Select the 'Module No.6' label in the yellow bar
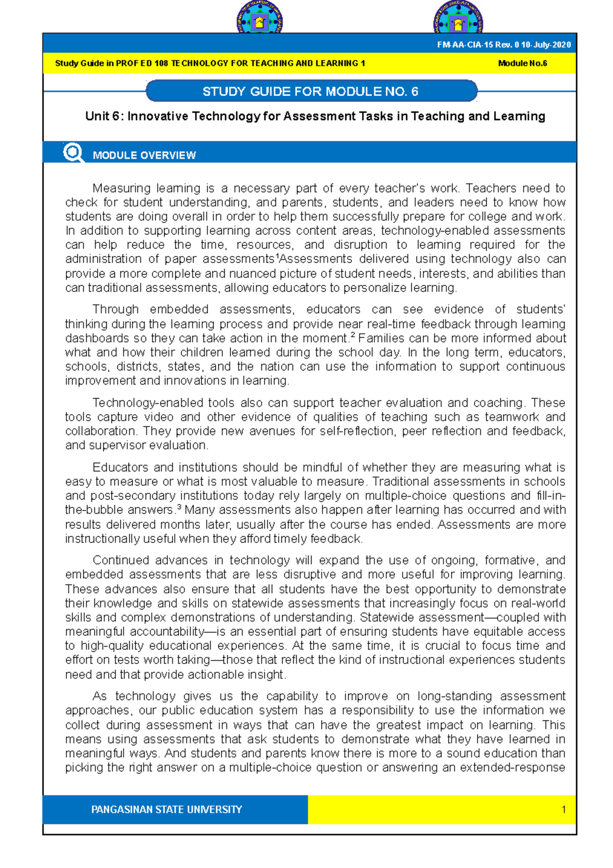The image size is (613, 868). click(522, 63)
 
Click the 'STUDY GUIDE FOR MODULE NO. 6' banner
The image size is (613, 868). click(311, 92)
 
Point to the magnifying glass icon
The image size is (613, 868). click(73, 152)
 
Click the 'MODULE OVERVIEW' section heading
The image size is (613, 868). click(144, 155)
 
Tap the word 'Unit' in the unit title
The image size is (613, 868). click(97, 117)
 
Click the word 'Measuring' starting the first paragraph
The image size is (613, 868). click(121, 188)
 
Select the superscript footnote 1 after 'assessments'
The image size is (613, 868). click(276, 256)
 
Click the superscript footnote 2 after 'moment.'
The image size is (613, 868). click(352, 335)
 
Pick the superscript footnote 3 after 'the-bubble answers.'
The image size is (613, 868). click(179, 507)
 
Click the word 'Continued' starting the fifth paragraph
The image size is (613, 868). click(121, 560)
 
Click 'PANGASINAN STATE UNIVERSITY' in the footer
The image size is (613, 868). click(167, 810)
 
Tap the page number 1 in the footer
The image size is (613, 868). click(563, 810)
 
